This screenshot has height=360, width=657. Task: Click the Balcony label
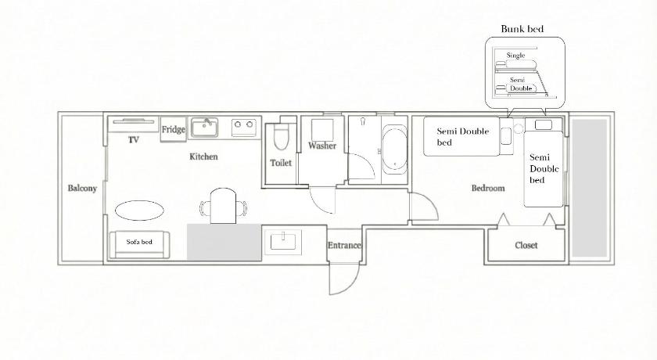pos(82,188)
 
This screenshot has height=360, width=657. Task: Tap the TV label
pos(133,140)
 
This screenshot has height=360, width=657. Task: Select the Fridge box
pos(173,129)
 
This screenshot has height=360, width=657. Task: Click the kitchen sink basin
pos(204,128)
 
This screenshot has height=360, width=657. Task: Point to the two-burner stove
pos(244,128)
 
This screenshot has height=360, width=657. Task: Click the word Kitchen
pos(203,157)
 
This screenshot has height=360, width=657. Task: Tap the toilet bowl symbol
pos(281,137)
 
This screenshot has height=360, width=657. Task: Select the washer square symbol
pos(322,130)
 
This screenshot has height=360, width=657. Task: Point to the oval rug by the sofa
pos(139,210)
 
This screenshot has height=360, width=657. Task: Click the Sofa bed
pos(139,244)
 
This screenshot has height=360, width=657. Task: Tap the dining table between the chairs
pos(224,206)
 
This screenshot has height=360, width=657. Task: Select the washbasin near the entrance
pos(283,243)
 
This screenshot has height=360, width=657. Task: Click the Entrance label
pos(344,245)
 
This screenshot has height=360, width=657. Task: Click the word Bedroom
pos(488,188)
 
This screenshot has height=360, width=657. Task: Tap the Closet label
pos(526,245)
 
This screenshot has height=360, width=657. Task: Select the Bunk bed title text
pos(522,29)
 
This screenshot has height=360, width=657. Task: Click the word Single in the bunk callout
pos(515,56)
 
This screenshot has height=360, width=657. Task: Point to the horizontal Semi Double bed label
pos(462,137)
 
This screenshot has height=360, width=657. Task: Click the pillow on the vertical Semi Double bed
pos(543,125)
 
